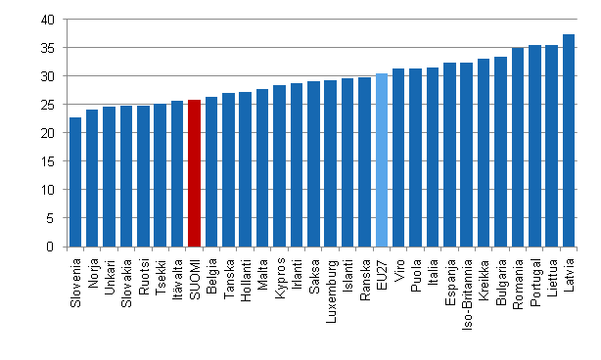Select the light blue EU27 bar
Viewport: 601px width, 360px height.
[x=381, y=160]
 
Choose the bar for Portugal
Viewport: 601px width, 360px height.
[x=534, y=146]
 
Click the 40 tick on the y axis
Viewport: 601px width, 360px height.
[x=48, y=20]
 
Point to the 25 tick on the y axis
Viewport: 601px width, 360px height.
[x=48, y=105]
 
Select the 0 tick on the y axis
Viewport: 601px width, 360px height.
[x=51, y=247]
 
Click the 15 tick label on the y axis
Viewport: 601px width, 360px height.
[x=48, y=161]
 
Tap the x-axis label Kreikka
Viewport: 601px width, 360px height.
[x=485, y=278]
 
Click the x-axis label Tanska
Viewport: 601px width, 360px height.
[x=229, y=276]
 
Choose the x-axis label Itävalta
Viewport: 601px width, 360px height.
[x=177, y=278]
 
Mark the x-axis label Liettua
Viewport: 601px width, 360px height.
[x=552, y=276]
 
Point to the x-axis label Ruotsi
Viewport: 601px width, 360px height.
[x=143, y=275]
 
